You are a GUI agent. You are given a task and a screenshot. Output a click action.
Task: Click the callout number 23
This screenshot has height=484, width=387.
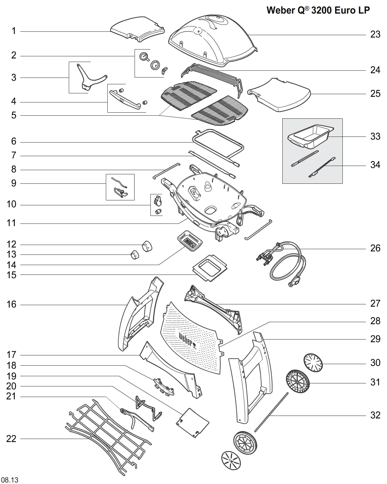tap(375, 34)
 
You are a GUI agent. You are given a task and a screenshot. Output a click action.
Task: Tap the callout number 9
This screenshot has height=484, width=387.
tap(14, 183)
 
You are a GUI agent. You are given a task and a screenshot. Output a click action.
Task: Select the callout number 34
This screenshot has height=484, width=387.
tap(375, 165)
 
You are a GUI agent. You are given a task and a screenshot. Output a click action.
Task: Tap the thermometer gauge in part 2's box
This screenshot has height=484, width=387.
tap(144, 56)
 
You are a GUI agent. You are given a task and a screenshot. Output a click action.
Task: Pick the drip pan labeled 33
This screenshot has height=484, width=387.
tap(311, 137)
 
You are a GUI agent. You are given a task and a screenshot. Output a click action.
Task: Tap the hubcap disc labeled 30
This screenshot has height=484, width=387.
tap(313, 363)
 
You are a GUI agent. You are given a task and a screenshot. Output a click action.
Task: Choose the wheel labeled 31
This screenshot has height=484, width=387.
tap(298, 381)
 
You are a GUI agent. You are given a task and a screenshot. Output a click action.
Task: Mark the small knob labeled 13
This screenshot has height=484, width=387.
tap(135, 254)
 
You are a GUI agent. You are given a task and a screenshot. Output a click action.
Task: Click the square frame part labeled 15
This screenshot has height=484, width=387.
tap(210, 268)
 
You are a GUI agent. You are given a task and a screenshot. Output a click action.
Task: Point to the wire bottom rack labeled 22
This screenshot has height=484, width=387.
tap(108, 435)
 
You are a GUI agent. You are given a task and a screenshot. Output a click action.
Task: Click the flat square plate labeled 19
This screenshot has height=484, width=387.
tap(192, 423)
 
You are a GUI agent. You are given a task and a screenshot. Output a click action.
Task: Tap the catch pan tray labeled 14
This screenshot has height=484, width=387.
tap(190, 240)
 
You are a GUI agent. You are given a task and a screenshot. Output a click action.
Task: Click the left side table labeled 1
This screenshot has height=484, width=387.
tap(138, 29)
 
